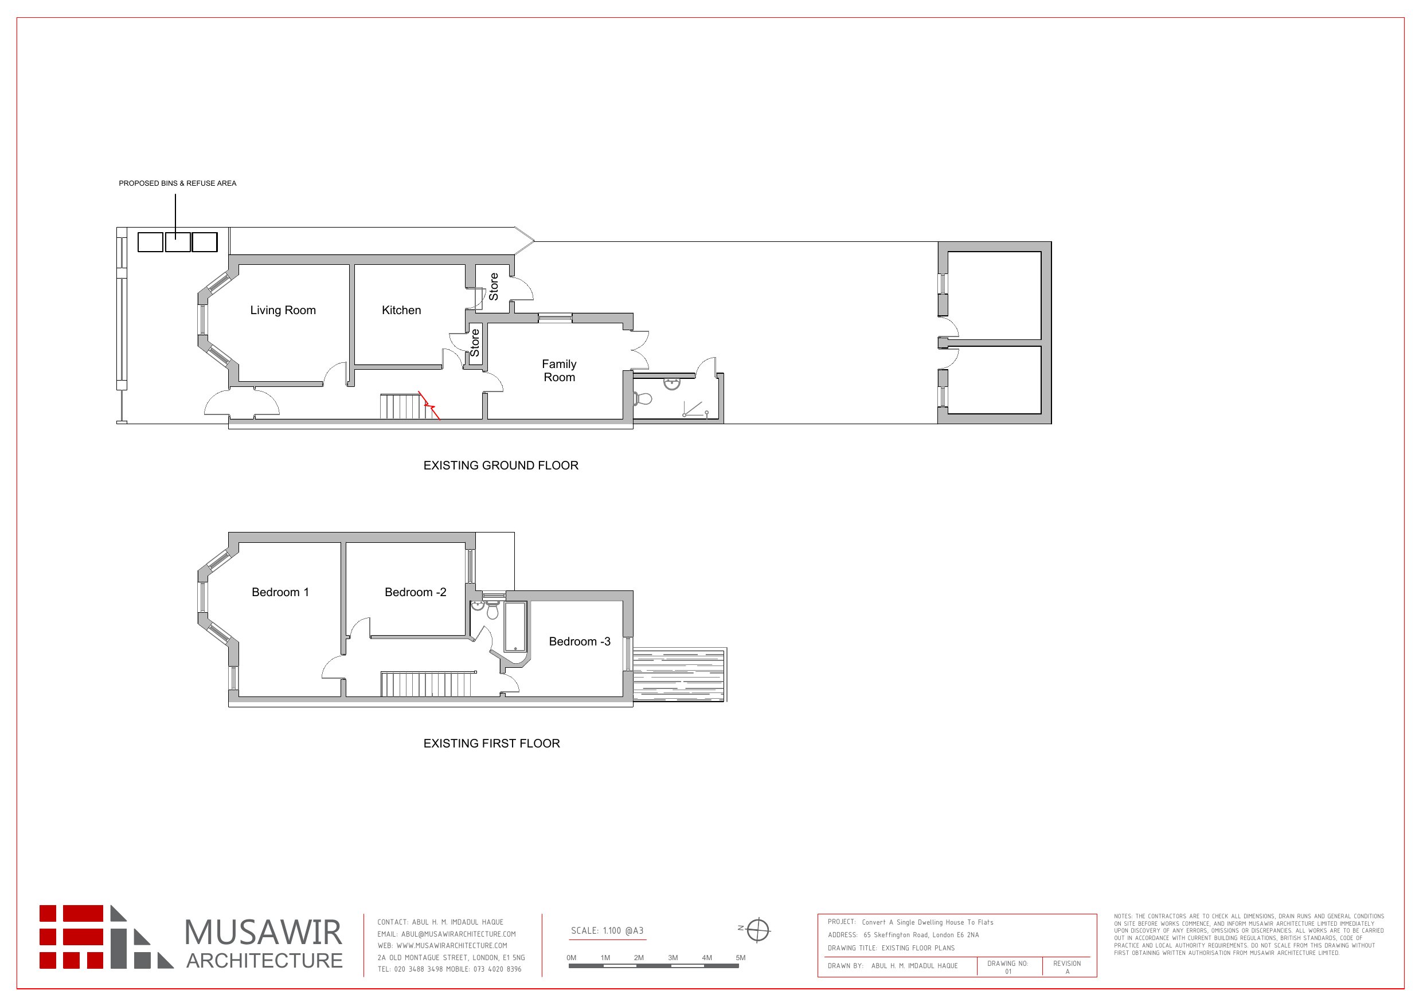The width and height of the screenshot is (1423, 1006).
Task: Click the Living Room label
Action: (x=283, y=310)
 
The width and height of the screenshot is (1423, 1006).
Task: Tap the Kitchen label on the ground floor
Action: (x=401, y=310)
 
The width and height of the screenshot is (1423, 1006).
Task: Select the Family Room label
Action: (x=559, y=371)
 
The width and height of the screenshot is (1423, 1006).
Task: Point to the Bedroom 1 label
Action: (x=280, y=592)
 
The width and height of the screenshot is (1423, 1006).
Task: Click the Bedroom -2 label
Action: (x=415, y=592)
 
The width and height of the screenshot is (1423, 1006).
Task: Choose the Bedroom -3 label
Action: (x=580, y=641)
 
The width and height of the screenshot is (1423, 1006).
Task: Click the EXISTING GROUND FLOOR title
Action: (x=501, y=465)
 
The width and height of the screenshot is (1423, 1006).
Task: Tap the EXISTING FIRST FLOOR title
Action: (x=491, y=743)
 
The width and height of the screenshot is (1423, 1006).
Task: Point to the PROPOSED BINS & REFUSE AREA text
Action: (x=177, y=183)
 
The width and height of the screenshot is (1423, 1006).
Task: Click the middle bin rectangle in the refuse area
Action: (x=178, y=242)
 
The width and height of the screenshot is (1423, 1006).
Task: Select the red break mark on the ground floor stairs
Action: (x=429, y=405)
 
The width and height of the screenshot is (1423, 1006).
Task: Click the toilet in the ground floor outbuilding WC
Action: (x=643, y=398)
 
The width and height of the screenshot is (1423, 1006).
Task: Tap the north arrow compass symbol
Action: (x=757, y=930)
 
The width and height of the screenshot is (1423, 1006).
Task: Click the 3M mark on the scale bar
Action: (x=673, y=958)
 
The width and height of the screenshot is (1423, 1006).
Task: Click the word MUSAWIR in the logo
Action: (x=263, y=932)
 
